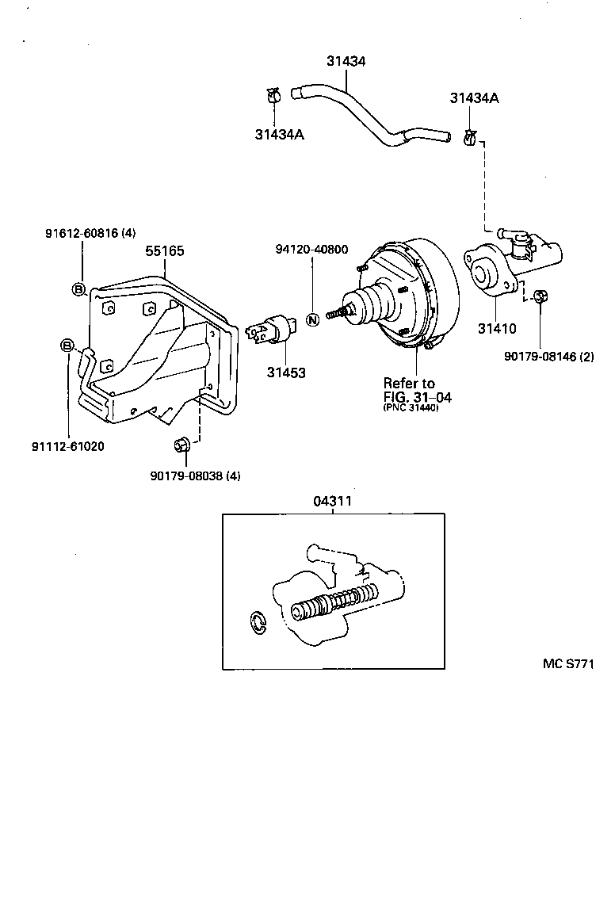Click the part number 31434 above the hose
click(346, 61)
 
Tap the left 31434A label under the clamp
click(280, 134)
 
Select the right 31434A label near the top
click(474, 97)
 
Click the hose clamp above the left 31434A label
click(274, 97)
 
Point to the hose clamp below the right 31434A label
click(469, 139)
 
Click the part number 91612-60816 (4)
click(90, 233)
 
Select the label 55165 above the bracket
click(165, 250)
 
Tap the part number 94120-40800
click(311, 249)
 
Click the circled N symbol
click(312, 320)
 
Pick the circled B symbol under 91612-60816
click(79, 289)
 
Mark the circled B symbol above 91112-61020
click(67, 345)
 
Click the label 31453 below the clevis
click(287, 372)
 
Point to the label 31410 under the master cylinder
click(497, 327)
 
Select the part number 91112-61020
click(68, 446)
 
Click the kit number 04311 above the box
click(332, 501)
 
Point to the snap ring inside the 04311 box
click(258, 622)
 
